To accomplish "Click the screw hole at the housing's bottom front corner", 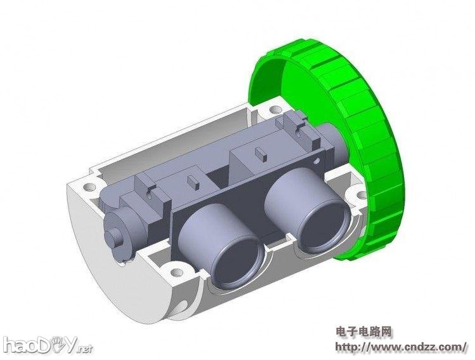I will (175, 274).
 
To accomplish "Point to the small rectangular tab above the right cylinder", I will (260, 152).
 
